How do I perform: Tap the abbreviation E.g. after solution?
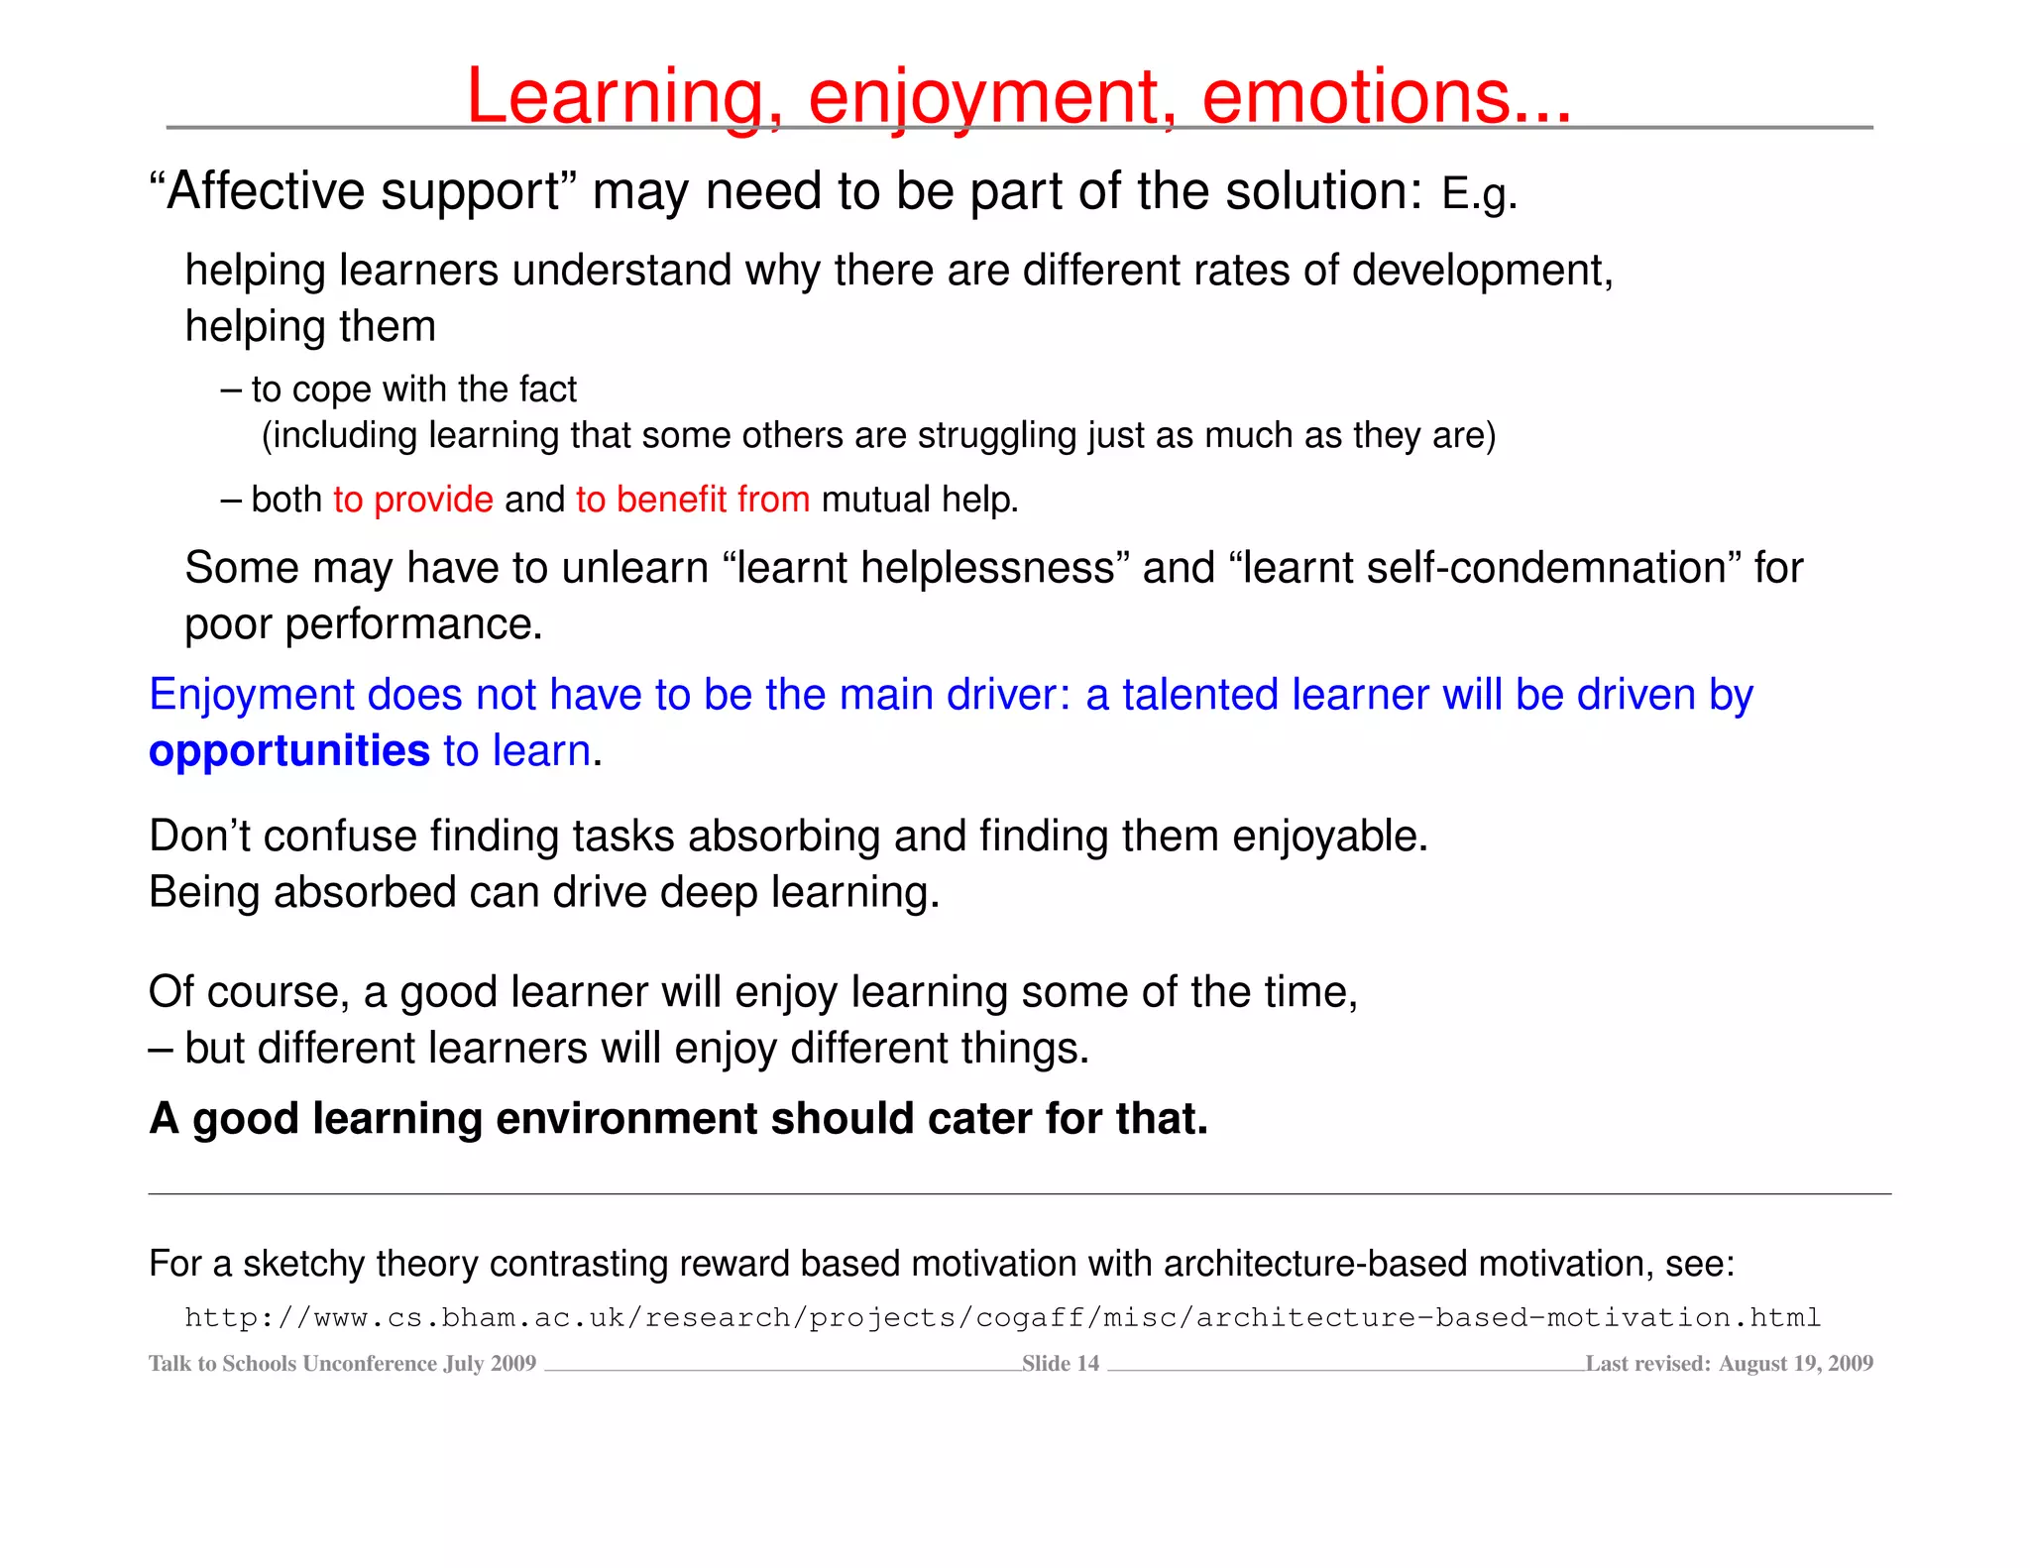pyautogui.click(x=1479, y=193)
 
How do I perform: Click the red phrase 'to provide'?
pyautogui.click(x=413, y=500)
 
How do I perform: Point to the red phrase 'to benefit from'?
pyautogui.click(x=693, y=500)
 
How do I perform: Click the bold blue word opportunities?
pyautogui.click(x=289, y=751)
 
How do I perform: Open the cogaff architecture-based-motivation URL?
pyautogui.click(x=1002, y=1317)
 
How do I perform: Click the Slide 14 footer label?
pyautogui.click(x=1061, y=1364)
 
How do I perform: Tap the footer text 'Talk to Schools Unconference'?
pyautogui.click(x=292, y=1364)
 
